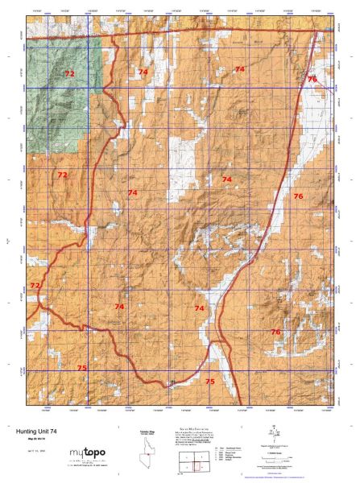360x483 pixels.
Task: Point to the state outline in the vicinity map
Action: pyautogui.click(x=139, y=452)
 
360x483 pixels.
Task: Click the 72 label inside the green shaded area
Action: pyautogui.click(x=69, y=74)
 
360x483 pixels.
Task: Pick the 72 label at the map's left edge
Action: pyautogui.click(x=35, y=286)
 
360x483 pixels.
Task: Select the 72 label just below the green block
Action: pyautogui.click(x=62, y=175)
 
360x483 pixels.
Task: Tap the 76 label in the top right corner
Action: pyautogui.click(x=312, y=79)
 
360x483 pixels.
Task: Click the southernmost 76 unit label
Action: pyautogui.click(x=275, y=332)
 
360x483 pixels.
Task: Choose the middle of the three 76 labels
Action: pyautogui.click(x=298, y=196)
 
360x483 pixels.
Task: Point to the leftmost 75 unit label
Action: pyautogui.click(x=81, y=368)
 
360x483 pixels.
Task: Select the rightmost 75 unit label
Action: pyautogui.click(x=209, y=381)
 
